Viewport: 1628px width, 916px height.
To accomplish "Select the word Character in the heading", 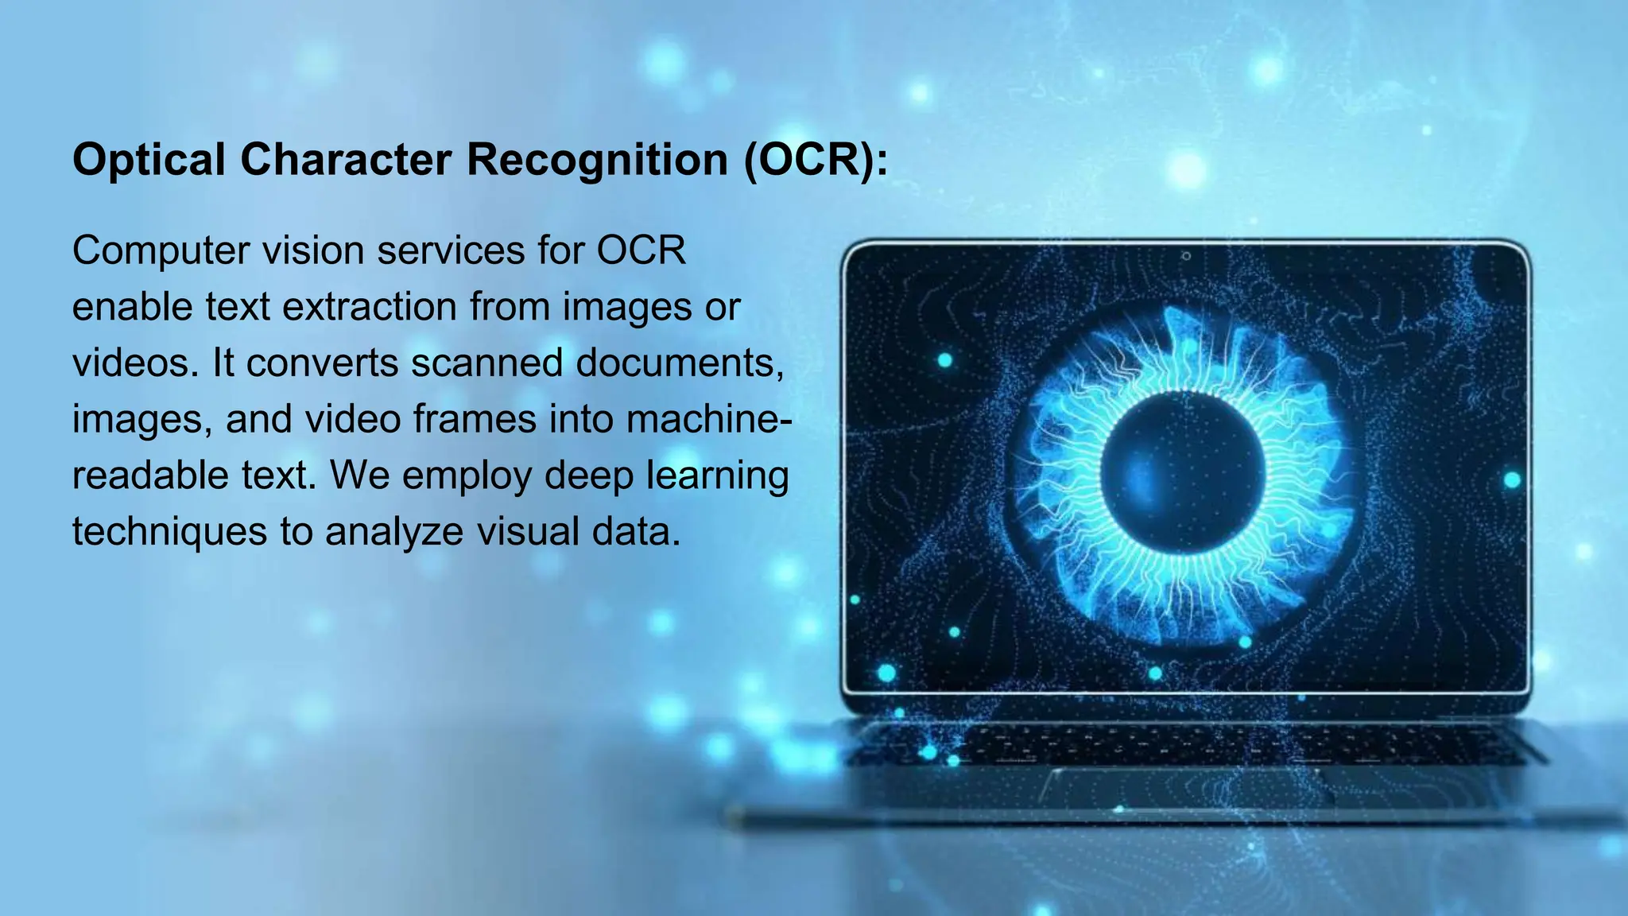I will [346, 160].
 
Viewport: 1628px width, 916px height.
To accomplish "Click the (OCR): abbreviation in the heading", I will [816, 160].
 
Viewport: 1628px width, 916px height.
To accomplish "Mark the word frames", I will [474, 419].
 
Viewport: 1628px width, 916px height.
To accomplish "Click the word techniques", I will [169, 532].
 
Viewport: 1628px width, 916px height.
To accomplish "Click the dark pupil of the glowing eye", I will [1183, 472].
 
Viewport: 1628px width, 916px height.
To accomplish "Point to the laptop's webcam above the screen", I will [1186, 256].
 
